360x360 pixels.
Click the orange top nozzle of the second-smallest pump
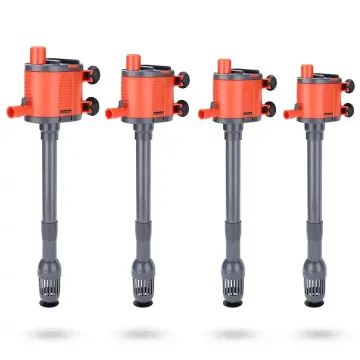point(223,68)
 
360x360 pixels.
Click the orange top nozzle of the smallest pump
point(305,72)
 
